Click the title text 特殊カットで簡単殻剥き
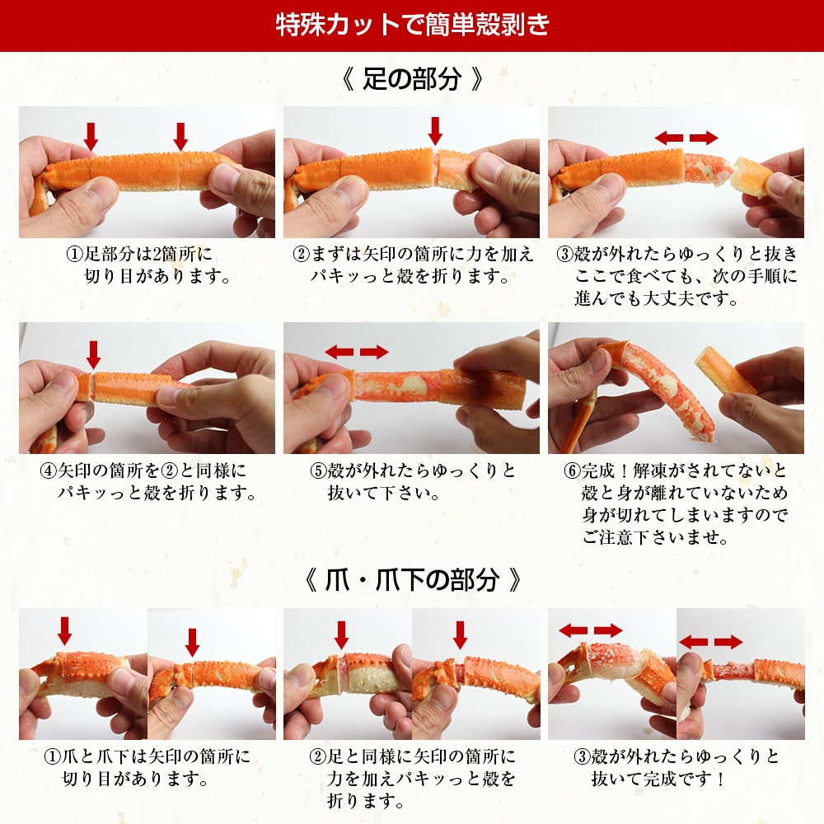click(412, 25)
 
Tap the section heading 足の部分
click(411, 81)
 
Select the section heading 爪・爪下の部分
click(412, 580)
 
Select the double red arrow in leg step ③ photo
click(686, 138)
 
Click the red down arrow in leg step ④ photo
click(93, 354)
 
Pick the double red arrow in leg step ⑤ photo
click(357, 353)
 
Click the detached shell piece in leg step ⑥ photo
click(725, 371)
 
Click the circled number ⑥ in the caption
click(572, 471)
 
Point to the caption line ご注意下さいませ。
click(643, 538)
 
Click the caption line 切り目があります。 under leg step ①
click(157, 275)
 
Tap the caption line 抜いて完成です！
click(658, 778)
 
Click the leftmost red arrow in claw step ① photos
click(65, 631)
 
